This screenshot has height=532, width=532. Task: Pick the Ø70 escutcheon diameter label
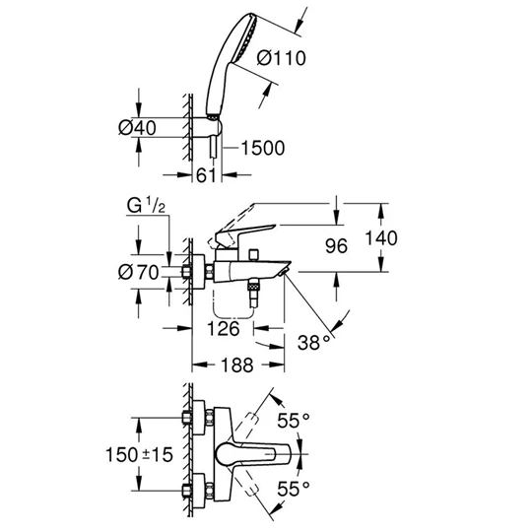[x=142, y=273]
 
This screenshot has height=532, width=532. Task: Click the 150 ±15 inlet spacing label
[x=142, y=457]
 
